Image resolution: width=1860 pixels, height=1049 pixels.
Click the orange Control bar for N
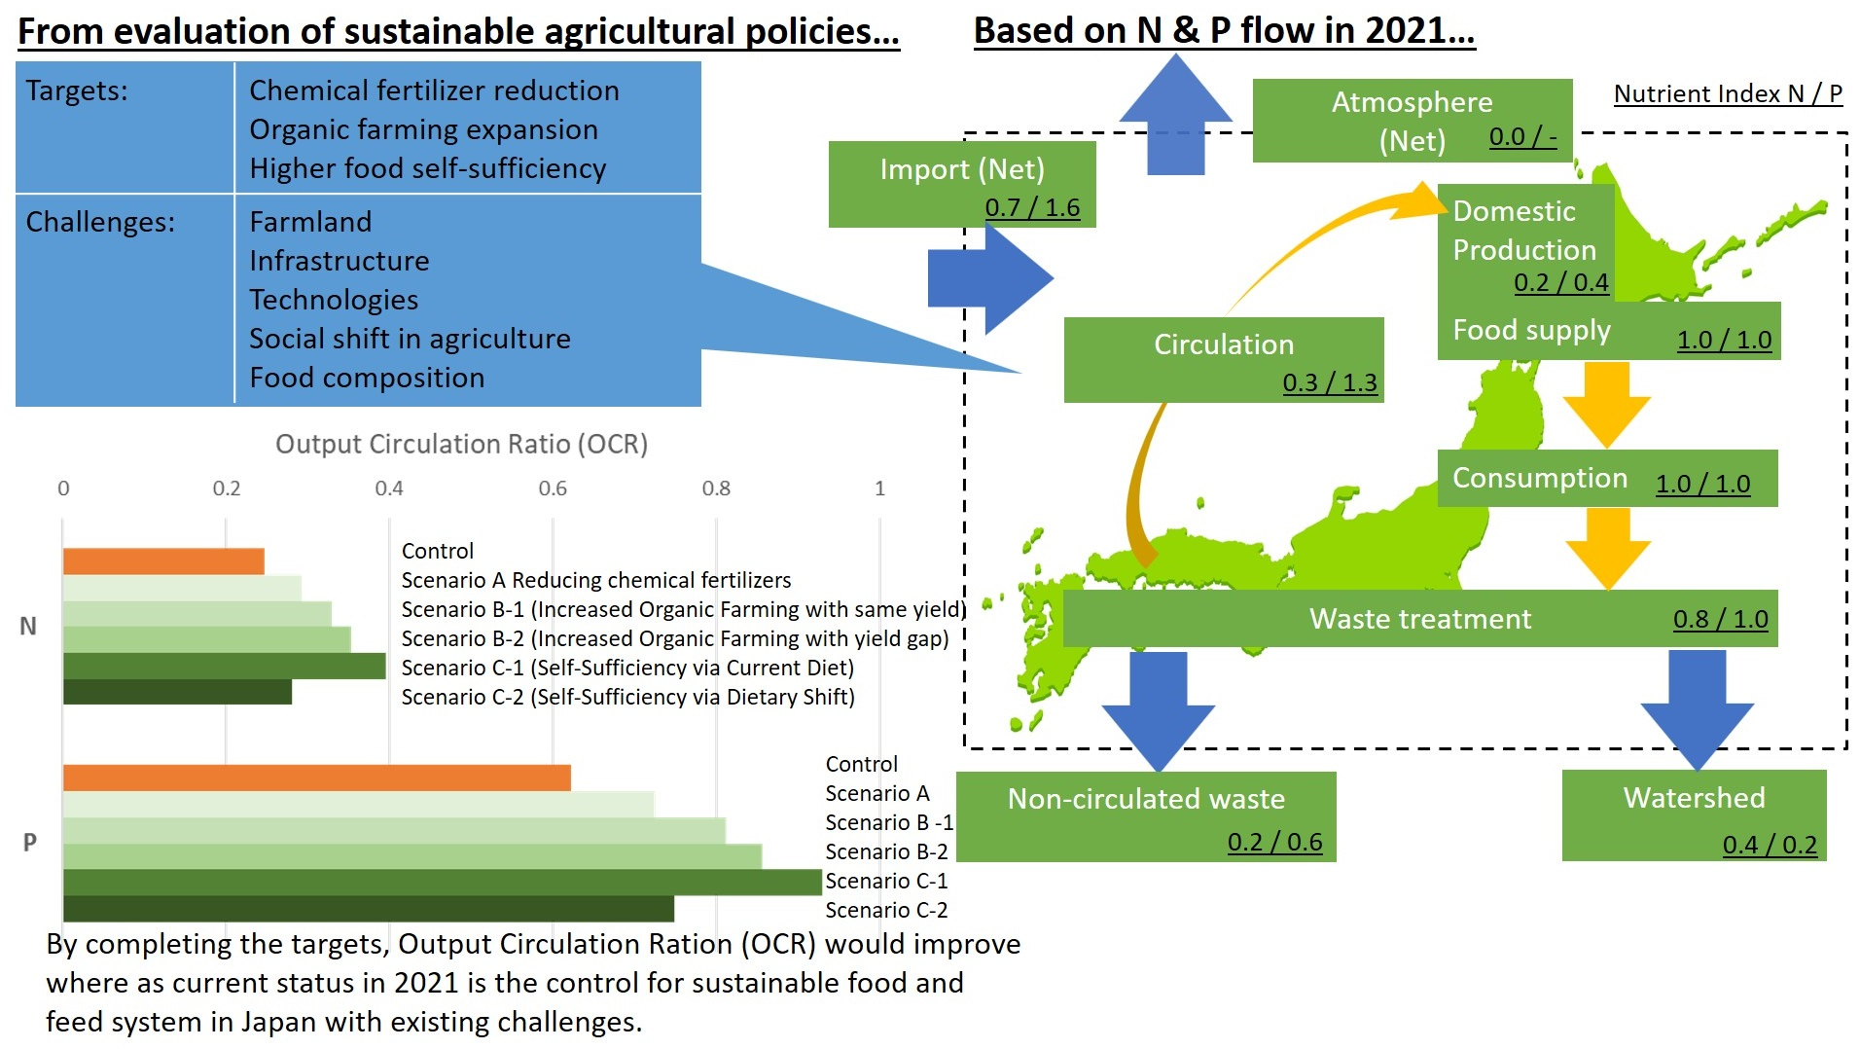pos(163,561)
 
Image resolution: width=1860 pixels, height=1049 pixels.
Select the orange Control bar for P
pos(317,778)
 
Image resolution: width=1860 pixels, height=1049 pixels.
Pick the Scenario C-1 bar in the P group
pos(443,882)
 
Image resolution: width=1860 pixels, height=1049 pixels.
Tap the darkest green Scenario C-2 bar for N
pos(177,692)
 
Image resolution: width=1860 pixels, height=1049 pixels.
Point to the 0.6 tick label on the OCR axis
pos(553,488)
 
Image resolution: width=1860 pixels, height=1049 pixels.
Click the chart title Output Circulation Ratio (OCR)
pos(461,445)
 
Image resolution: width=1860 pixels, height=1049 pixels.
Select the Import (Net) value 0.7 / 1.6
pos(1032,207)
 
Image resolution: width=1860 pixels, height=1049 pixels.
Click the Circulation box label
pos(1224,344)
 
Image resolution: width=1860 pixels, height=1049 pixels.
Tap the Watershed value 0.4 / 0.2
pos(1770,844)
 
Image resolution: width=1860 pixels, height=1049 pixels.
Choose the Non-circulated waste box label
pos(1146,799)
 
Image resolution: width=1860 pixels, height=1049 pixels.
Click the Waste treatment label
pos(1420,619)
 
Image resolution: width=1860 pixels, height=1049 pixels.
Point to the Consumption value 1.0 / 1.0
pos(1702,484)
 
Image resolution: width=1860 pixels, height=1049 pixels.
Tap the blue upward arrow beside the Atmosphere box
pos(1176,114)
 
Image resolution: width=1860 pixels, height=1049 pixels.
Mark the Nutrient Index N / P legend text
pos(1728,93)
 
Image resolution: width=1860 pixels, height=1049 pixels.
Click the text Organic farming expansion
pos(423,129)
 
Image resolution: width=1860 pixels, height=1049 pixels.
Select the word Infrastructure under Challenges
pos(339,261)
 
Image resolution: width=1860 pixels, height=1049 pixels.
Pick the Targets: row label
pos(77,90)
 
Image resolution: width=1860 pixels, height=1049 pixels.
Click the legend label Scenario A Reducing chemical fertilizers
pos(596,580)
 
